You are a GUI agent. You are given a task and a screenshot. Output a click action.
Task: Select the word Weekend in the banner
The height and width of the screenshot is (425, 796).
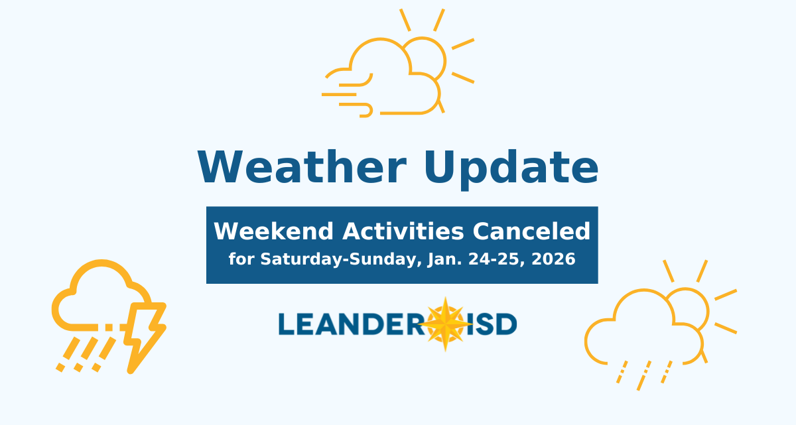274,231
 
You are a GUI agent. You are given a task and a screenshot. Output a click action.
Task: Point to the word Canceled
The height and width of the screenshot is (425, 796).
531,231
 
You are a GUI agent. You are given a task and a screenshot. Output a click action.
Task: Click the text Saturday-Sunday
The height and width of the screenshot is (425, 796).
340,259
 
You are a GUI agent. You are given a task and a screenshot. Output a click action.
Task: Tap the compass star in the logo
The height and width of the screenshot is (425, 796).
446,324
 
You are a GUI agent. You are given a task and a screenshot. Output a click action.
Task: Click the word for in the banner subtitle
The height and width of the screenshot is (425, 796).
241,259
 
